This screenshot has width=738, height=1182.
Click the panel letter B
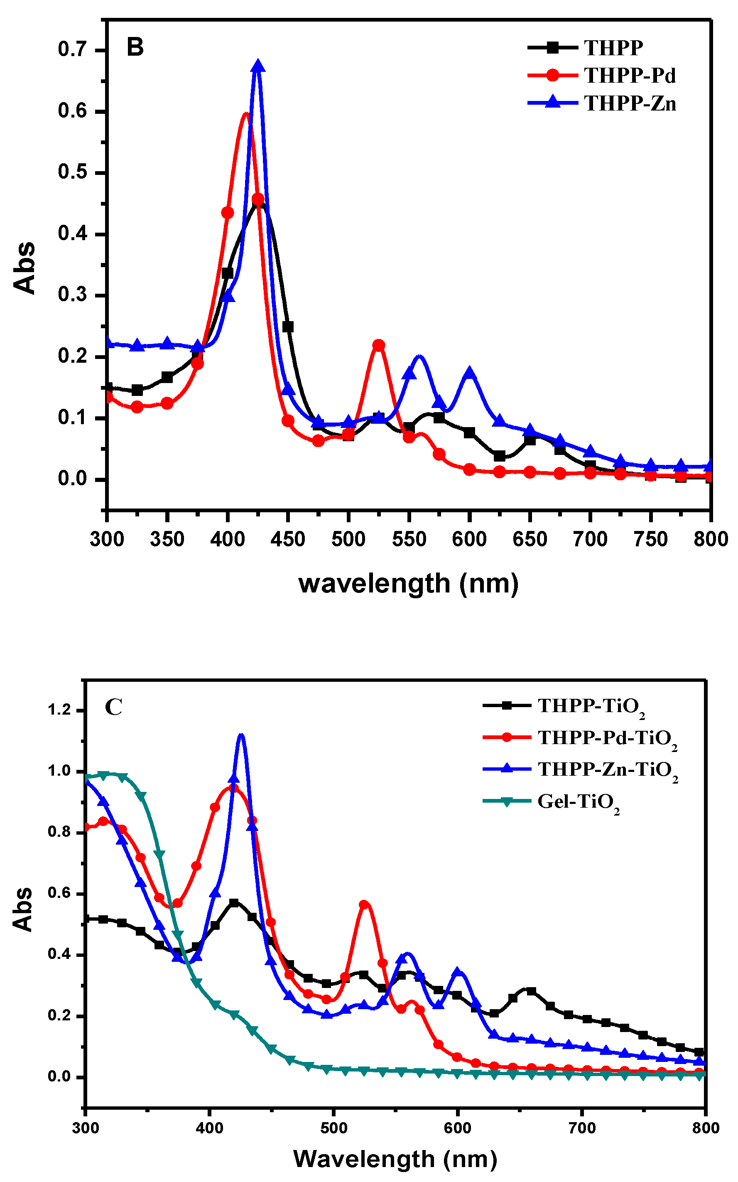click(135, 47)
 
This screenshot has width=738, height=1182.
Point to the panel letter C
click(113, 707)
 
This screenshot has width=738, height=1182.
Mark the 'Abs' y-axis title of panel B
click(25, 268)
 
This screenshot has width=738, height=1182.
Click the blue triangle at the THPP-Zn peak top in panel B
click(258, 66)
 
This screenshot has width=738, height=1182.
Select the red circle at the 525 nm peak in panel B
click(379, 345)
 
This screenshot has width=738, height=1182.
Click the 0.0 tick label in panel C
click(59, 1076)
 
